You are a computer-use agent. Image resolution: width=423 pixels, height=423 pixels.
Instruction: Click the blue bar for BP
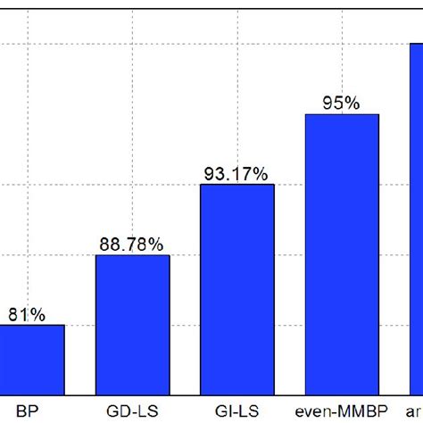pyautogui.click(x=31, y=359)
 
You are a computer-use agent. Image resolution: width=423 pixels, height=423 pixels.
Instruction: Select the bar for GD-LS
pyautogui.click(x=132, y=324)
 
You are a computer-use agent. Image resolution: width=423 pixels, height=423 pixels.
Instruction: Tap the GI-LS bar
pyautogui.click(x=236, y=289)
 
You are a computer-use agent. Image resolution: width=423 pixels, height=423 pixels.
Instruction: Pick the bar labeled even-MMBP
pyautogui.click(x=342, y=254)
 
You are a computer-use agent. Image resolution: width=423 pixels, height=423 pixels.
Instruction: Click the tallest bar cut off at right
pyautogui.click(x=416, y=219)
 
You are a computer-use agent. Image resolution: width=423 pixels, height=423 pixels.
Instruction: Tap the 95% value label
pyautogui.click(x=342, y=103)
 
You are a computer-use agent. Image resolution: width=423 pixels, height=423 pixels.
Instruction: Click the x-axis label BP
pyautogui.click(x=27, y=412)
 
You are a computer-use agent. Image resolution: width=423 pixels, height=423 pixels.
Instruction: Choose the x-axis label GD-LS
pyautogui.click(x=132, y=412)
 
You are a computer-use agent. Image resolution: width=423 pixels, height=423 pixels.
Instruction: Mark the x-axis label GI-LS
pyautogui.click(x=236, y=412)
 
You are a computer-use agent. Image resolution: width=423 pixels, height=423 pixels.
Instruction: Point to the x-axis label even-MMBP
pyautogui.click(x=342, y=412)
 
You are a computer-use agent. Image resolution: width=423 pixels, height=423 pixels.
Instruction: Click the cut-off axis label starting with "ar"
pyautogui.click(x=416, y=412)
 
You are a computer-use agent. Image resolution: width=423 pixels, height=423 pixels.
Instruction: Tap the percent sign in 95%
pyautogui.click(x=352, y=103)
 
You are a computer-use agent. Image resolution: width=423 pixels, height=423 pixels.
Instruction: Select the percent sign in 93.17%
pyautogui.click(x=260, y=174)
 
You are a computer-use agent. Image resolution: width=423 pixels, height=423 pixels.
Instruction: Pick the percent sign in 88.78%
pyautogui.click(x=155, y=244)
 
